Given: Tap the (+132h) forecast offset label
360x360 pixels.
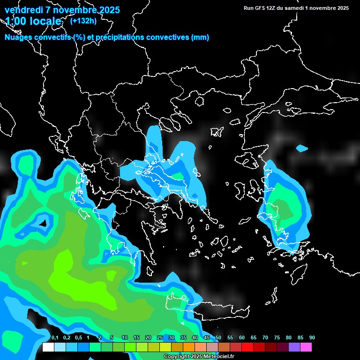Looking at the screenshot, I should click(83, 21).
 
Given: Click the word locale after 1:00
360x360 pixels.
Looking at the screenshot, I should click(44, 21).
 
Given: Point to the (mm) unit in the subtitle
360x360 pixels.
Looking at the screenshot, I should click(200, 37).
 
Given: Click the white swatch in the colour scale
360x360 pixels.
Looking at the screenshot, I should click(48, 347).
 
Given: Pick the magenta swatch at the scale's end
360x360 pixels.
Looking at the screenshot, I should click(306, 347).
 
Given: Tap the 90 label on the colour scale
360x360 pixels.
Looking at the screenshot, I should click(312, 338).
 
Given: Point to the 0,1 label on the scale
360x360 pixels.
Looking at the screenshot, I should click(54, 338).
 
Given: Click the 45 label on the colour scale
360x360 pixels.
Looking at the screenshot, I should click(207, 338).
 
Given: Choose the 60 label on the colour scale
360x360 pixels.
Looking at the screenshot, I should click(242, 338).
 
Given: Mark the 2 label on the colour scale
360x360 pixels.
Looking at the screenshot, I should click(99, 338).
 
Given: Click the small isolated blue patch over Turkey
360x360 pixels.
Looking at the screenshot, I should click(302, 149).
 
